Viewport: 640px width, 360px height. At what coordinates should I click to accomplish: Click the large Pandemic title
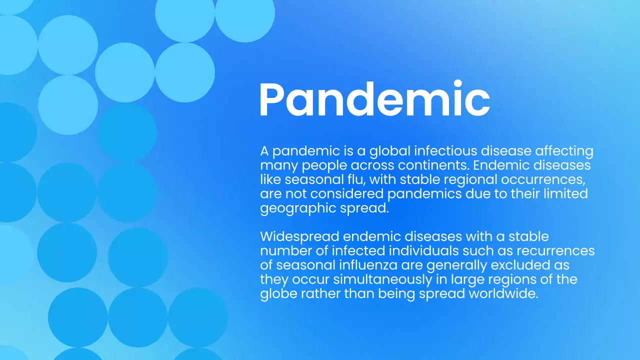[x=374, y=100]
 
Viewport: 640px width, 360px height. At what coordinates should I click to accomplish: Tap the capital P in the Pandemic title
[x=273, y=100]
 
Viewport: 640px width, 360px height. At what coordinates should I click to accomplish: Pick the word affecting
[x=564, y=151]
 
